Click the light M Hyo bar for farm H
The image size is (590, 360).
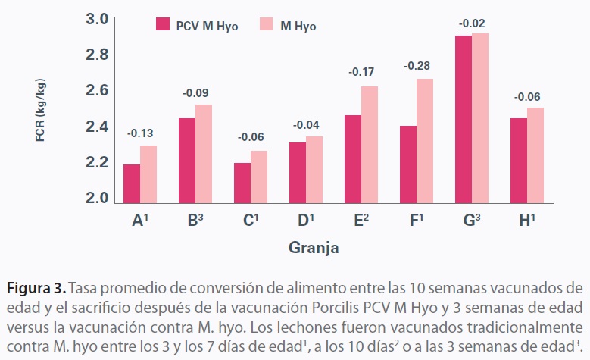click(x=535, y=156)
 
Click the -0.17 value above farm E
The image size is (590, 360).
click(x=361, y=73)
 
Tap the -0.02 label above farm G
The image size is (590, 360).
click(x=472, y=23)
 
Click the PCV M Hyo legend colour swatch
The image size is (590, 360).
click(x=162, y=25)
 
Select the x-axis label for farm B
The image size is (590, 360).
click(x=194, y=221)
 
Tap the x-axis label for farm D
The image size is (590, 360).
click(x=306, y=221)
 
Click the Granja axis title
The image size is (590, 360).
click(x=313, y=248)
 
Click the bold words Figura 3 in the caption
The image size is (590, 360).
click(x=36, y=289)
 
